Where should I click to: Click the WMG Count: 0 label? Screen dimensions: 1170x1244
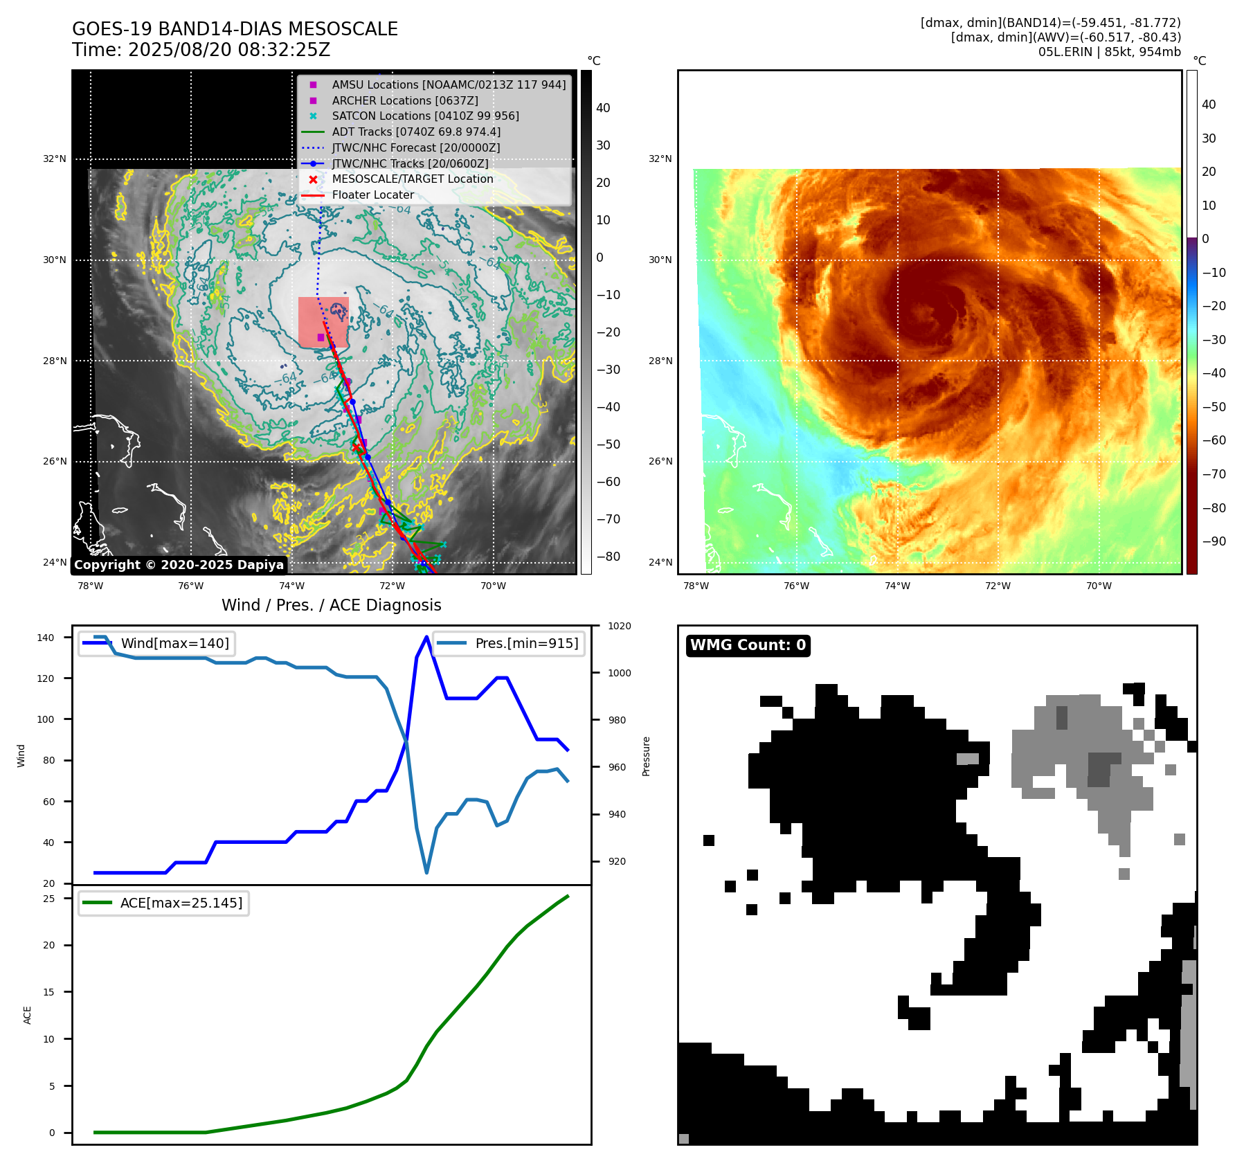748,645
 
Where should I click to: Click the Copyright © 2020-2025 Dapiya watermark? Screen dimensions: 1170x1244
179,565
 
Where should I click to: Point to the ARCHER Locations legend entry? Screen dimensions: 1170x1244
404,100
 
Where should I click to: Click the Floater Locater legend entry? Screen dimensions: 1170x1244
372,195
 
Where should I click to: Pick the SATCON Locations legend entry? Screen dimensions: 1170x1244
425,116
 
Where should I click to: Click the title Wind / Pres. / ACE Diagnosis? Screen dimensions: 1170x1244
331,605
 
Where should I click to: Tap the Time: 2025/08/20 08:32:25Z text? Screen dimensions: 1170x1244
201,50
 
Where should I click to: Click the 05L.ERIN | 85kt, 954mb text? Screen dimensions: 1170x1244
1109,52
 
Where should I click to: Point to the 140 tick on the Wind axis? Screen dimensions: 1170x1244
46,638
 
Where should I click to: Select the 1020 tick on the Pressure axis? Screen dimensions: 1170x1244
619,626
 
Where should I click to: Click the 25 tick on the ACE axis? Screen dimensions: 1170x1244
49,899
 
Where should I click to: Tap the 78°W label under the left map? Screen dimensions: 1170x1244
90,586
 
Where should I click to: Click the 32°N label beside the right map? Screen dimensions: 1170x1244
660,159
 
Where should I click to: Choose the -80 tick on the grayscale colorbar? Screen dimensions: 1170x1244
608,557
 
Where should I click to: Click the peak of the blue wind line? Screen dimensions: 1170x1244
426,637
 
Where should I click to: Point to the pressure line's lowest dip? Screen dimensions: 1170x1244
426,872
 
